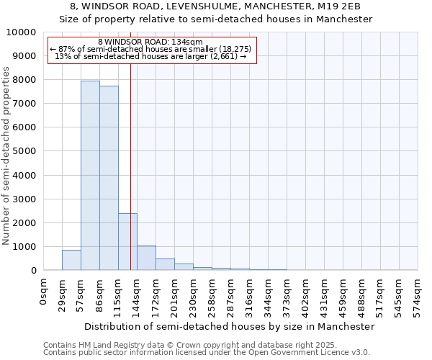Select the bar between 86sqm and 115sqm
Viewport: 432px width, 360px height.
[x=109, y=178]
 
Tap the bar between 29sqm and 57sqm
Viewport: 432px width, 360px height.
[x=71, y=260]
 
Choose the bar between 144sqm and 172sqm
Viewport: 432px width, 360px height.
[x=146, y=258]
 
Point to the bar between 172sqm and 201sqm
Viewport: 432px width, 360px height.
[x=165, y=264]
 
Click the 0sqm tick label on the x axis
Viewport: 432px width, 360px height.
[x=44, y=292]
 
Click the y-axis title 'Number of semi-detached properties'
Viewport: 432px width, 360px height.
[x=6, y=156]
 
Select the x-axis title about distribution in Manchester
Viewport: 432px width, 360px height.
[x=230, y=326]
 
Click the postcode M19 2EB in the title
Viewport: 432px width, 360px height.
[x=342, y=6]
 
